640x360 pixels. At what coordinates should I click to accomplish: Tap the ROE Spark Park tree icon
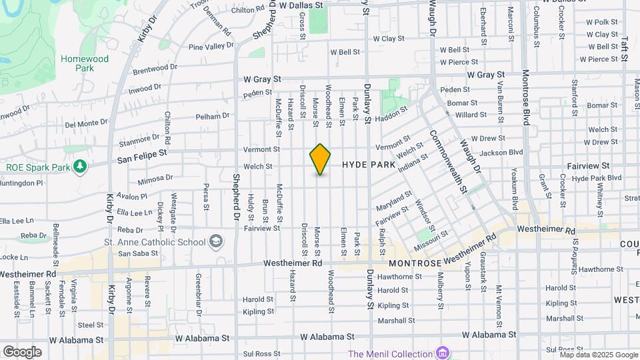pos(80,166)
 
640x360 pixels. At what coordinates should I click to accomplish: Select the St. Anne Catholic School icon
pos(216,241)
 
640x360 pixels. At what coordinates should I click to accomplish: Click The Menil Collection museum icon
pos(441,353)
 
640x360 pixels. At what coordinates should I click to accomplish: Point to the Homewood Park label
pos(85,63)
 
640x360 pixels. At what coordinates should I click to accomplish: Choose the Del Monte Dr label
pos(86,123)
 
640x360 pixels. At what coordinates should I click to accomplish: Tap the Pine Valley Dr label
pos(211,47)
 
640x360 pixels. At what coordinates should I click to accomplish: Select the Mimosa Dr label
pos(155,179)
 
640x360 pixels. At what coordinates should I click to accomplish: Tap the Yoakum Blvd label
pos(515,193)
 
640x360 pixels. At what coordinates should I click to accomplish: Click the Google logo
pos(22,351)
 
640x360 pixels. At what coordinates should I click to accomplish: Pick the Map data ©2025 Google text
pos(599,355)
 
